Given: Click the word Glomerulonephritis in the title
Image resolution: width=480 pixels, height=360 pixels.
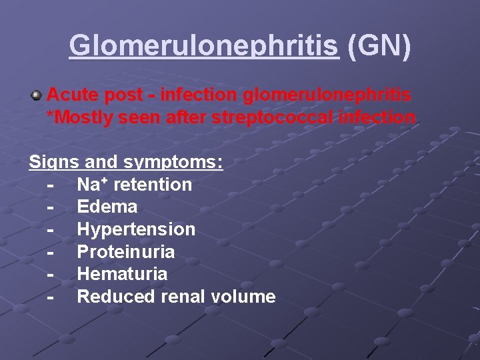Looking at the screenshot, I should click(203, 45).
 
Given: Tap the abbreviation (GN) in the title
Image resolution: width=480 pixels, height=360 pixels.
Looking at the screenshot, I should click(379, 45).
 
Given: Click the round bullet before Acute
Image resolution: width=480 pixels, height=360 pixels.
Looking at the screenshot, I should click(36, 95).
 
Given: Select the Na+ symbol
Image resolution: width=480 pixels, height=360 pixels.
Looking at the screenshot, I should click(91, 185).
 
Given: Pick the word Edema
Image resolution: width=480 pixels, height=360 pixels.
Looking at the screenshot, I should click(107, 207).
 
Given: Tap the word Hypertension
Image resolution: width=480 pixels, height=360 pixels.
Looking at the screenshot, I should click(136, 229).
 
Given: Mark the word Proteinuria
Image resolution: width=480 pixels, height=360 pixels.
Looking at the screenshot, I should click(126, 252).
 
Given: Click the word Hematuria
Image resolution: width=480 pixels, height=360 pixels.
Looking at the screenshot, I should click(122, 274).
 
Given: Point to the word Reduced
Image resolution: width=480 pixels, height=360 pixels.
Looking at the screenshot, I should click(117, 297).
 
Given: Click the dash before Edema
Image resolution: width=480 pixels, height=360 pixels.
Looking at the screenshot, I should click(51, 207).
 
